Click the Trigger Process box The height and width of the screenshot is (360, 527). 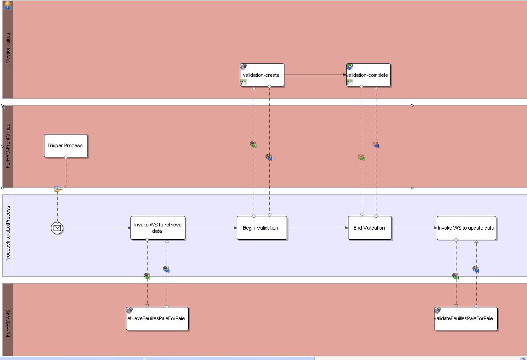(x=65, y=145)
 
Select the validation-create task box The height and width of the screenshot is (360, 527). (x=262, y=75)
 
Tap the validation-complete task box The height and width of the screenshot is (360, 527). (x=368, y=75)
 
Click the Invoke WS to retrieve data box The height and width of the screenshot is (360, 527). (x=158, y=228)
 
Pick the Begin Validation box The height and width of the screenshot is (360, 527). (x=261, y=228)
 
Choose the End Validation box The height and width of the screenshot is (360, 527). (x=369, y=228)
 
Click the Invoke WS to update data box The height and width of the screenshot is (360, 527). (x=466, y=228)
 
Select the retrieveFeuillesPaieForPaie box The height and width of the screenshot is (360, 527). (x=157, y=318)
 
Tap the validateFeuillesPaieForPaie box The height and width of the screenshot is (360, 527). (x=465, y=318)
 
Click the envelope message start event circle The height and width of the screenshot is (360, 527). (x=57, y=228)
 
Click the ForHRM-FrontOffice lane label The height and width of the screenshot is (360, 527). (x=8, y=146)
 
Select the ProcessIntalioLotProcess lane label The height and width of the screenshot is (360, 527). (x=8, y=234)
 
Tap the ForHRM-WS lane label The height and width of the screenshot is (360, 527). (x=8, y=323)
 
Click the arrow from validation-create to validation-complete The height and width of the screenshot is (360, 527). (x=315, y=75)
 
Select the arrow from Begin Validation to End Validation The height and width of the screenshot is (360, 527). (x=317, y=228)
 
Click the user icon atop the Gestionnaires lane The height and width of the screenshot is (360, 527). (x=7, y=5)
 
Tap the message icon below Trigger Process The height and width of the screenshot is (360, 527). (x=58, y=189)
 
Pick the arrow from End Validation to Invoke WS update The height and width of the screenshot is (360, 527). (x=414, y=228)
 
